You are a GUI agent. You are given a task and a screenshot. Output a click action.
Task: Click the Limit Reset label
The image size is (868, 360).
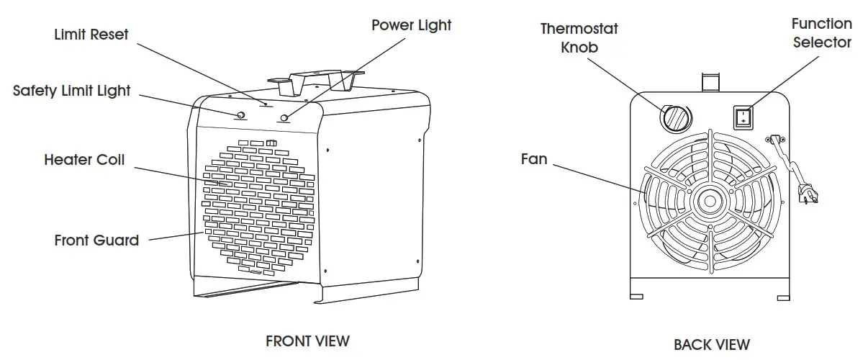91,35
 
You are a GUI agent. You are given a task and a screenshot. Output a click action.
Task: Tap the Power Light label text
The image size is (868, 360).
411,25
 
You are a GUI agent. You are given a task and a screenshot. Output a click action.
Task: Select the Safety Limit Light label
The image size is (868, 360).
72,91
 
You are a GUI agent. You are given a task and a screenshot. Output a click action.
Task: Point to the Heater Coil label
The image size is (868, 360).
84,159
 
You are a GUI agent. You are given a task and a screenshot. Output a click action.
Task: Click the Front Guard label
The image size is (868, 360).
96,240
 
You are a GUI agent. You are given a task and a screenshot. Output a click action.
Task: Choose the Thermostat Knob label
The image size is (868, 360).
579,38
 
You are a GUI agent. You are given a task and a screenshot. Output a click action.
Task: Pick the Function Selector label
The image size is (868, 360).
821,33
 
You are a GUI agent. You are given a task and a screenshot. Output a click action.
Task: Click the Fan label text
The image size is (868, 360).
534,159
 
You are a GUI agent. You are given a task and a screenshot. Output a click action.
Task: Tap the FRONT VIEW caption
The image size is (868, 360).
307,341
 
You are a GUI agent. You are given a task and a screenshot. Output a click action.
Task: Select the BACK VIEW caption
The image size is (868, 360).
711,344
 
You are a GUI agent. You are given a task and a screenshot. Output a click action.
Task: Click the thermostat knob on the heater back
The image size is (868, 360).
675,117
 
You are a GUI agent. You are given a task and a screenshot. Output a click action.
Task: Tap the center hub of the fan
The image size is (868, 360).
709,201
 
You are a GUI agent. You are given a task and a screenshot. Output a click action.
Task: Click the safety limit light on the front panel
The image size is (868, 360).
240,115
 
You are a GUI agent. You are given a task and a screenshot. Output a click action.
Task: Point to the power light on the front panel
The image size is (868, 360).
285,118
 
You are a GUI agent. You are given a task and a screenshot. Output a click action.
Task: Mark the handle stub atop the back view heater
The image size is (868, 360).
710,81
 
